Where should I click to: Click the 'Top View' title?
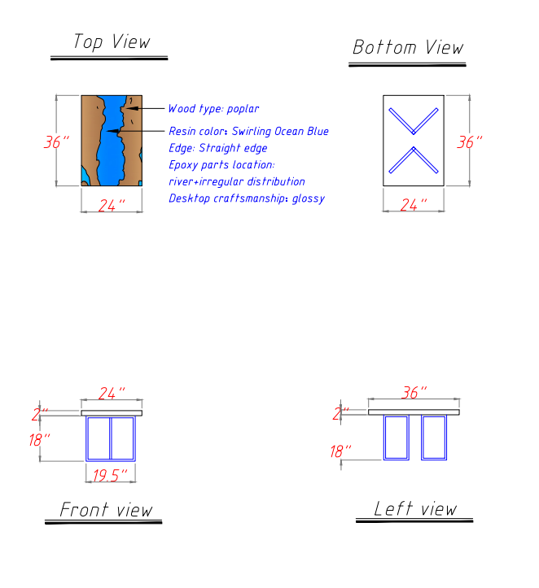112,41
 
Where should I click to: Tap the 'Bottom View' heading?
408,47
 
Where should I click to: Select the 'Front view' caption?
106,510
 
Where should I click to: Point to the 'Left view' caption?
415,508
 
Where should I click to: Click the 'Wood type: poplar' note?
213,109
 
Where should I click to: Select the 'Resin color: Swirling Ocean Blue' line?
248,131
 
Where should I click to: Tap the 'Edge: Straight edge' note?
217,148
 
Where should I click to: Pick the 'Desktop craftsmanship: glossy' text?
247,198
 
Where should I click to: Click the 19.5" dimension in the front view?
110,476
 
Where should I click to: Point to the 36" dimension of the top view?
56,142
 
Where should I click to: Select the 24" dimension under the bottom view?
414,205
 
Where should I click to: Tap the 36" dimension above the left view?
414,393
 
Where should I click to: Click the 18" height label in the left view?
340,451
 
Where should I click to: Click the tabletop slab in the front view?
112,413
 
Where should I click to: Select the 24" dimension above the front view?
112,394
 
